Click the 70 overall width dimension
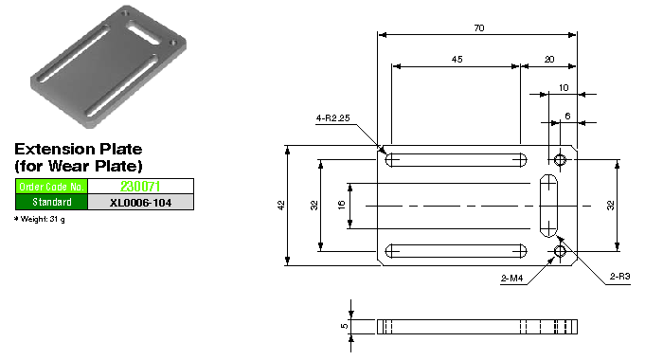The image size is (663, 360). click(478, 28)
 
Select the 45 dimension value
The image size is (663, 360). click(457, 60)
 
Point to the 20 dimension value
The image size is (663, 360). click(550, 60)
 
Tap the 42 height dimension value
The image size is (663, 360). click(281, 206)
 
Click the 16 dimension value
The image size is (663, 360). click(342, 206)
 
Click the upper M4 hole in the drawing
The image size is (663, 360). click(561, 159)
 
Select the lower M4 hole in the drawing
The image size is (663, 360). click(561, 251)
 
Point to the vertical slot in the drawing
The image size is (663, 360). click(548, 206)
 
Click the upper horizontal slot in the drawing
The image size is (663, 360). click(457, 159)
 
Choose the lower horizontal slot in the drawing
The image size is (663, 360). click(457, 251)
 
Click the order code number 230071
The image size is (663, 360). click(140, 187)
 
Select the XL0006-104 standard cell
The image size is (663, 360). click(140, 202)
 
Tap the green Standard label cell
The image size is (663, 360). click(52, 202)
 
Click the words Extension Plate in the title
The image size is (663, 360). click(79, 150)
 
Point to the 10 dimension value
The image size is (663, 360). click(564, 88)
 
